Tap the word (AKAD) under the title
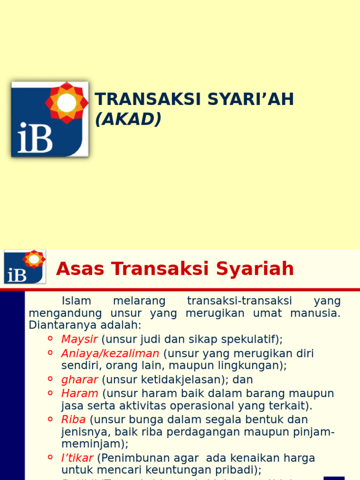[x=128, y=120]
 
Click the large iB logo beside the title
[x=50, y=119]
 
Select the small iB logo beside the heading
[x=25, y=267]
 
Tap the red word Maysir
[x=79, y=339]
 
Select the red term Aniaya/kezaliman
[x=110, y=353]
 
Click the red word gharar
[x=79, y=380]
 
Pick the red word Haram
[x=80, y=393]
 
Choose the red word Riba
[x=73, y=419]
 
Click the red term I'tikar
[x=77, y=457]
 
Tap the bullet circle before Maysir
[x=50, y=338]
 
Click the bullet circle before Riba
[x=50, y=418]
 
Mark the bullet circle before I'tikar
[x=50, y=457]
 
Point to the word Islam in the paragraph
[x=76, y=301]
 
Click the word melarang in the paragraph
[x=139, y=301]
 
